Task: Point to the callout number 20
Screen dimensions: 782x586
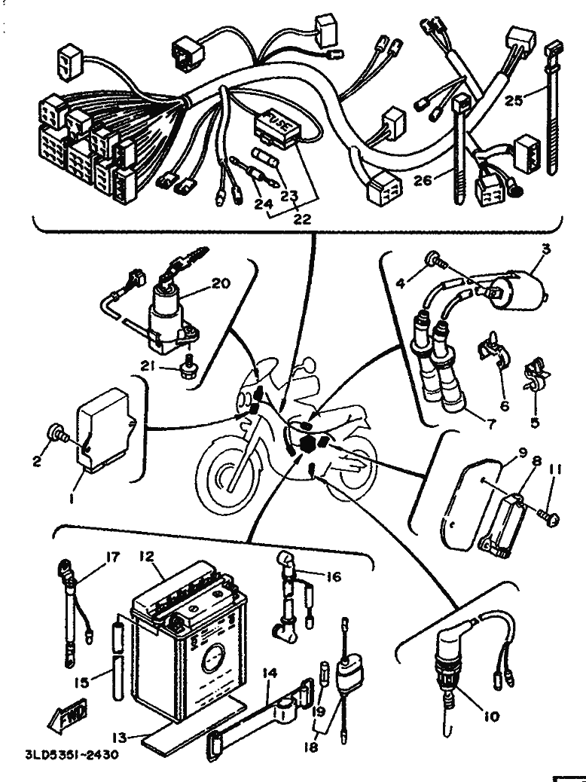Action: click(x=220, y=285)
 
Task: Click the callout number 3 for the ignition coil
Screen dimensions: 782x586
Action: click(x=546, y=249)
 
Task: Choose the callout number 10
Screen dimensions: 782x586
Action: click(x=491, y=716)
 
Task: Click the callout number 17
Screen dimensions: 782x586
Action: click(x=113, y=558)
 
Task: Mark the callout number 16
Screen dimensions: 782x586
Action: click(x=333, y=577)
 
